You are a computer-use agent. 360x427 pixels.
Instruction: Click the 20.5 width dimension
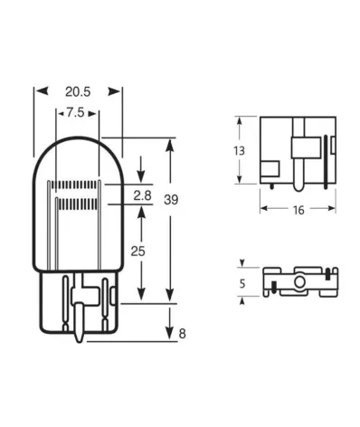click(x=78, y=91)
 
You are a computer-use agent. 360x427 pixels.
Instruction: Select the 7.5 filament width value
click(x=77, y=114)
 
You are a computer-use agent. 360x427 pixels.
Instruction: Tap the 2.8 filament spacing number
click(x=142, y=195)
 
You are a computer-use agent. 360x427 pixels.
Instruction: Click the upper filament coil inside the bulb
click(x=77, y=185)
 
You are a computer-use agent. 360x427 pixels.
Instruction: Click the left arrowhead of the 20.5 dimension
click(x=37, y=91)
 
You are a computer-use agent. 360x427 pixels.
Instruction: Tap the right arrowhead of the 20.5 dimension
click(x=118, y=91)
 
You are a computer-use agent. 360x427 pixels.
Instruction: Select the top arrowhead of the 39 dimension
click(x=171, y=143)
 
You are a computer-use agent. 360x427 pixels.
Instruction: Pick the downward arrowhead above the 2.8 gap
click(x=141, y=178)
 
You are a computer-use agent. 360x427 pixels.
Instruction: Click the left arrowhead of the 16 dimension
click(x=263, y=209)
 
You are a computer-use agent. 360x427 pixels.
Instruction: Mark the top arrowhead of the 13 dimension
click(x=240, y=119)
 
